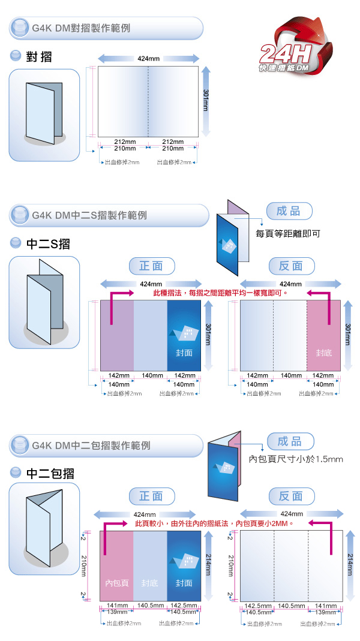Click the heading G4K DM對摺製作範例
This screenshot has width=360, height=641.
[80, 28]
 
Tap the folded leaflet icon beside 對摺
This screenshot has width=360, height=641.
[44, 115]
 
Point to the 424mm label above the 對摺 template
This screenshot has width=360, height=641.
[148, 59]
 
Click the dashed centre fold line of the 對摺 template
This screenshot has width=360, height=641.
[148, 102]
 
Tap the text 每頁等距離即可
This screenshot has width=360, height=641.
[287, 232]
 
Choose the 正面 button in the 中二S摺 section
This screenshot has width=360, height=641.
[152, 266]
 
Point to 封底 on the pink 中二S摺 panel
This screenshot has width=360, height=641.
[323, 353]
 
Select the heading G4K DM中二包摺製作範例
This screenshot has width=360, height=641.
[91, 446]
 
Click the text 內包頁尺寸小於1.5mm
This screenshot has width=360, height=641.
[295, 459]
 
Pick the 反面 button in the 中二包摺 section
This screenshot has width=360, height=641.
[291, 496]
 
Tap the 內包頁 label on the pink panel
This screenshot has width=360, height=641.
[116, 583]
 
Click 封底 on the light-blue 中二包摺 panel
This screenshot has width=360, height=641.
[150, 583]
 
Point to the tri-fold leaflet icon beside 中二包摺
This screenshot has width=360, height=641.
[44, 528]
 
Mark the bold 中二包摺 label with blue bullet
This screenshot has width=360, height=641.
[51, 473]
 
